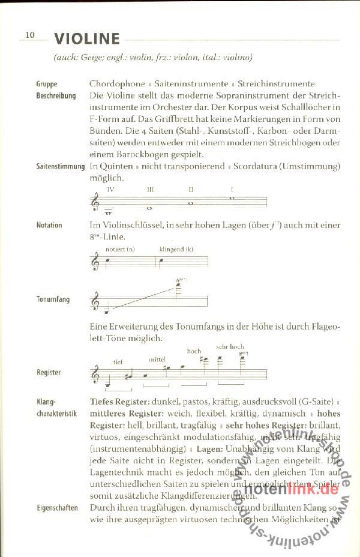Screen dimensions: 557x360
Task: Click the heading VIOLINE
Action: pos(87,40)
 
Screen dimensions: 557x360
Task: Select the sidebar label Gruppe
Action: pos(47,85)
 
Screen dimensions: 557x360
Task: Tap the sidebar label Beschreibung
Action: pos(56,96)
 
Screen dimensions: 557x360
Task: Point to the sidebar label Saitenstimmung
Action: pos(61,166)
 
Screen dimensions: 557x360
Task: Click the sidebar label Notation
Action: pos(49,225)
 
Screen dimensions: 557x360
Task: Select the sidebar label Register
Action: pos(49,372)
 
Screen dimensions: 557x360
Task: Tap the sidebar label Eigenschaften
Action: pos(57,507)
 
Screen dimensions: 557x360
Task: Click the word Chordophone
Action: pos(117,84)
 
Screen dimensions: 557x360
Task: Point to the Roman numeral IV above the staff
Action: pos(110,189)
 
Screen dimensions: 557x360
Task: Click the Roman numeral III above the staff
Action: pos(151,189)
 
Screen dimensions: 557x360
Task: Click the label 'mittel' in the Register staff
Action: pos(158,359)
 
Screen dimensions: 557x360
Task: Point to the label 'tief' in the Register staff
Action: pos(118,361)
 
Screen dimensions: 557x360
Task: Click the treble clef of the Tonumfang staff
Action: pos(95,302)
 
